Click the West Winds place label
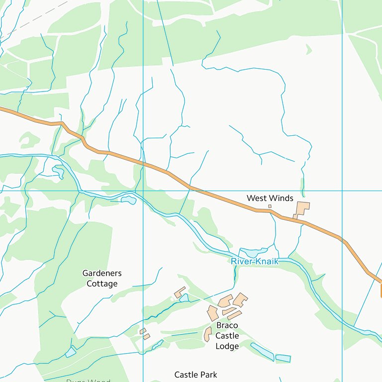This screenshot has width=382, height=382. (270, 198)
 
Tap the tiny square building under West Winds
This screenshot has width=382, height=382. (270, 206)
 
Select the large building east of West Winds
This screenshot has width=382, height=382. (302, 208)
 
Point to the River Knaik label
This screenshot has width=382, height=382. (254, 261)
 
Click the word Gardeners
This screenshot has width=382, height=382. (102, 273)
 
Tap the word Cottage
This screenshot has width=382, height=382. (102, 284)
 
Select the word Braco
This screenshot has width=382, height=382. (227, 325)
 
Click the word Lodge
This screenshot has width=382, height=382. (227, 346)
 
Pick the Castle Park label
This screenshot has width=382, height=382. (196, 375)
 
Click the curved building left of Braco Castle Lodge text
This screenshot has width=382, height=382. (207, 334)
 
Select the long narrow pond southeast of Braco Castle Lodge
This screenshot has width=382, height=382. (262, 351)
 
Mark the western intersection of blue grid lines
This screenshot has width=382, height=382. (143, 191)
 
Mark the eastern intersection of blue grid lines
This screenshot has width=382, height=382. (342, 191)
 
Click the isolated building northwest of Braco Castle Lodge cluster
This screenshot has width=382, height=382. (180, 292)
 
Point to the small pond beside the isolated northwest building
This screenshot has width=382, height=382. (185, 298)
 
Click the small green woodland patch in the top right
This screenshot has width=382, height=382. (308, 49)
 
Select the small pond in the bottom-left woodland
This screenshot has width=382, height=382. (71, 352)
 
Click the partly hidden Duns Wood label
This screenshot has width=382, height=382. (89, 381)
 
